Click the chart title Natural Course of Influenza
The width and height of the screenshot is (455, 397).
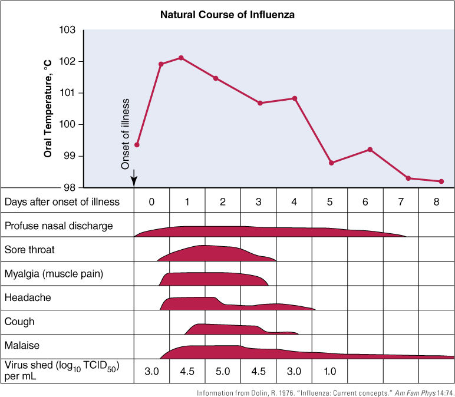[x=227, y=14]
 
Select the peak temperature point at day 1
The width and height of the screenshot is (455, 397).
[x=181, y=58]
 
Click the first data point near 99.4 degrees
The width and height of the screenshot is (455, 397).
[x=137, y=144]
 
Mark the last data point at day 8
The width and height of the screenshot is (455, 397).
[x=441, y=181]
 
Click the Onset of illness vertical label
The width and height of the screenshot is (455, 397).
[x=125, y=134]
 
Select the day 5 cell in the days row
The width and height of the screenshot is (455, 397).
[x=329, y=201]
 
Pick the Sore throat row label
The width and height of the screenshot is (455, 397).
[x=29, y=250]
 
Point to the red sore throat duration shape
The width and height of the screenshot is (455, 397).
[x=212, y=253]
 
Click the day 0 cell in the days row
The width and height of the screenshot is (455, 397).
[x=151, y=201]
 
